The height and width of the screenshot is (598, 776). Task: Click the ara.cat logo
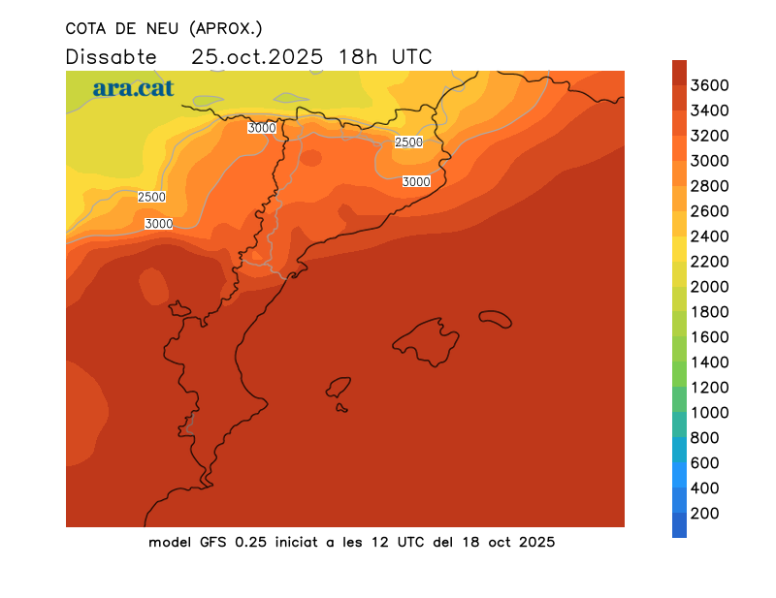(133, 88)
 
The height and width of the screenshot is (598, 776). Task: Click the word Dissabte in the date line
(112, 56)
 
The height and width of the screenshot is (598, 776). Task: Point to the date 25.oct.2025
(257, 56)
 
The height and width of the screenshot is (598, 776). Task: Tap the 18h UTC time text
(385, 56)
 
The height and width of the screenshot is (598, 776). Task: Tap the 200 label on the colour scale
(704, 513)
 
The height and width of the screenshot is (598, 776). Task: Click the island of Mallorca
(427, 339)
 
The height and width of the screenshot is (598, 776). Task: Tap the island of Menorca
(495, 318)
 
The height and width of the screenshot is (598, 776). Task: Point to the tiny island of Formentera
(342, 408)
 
